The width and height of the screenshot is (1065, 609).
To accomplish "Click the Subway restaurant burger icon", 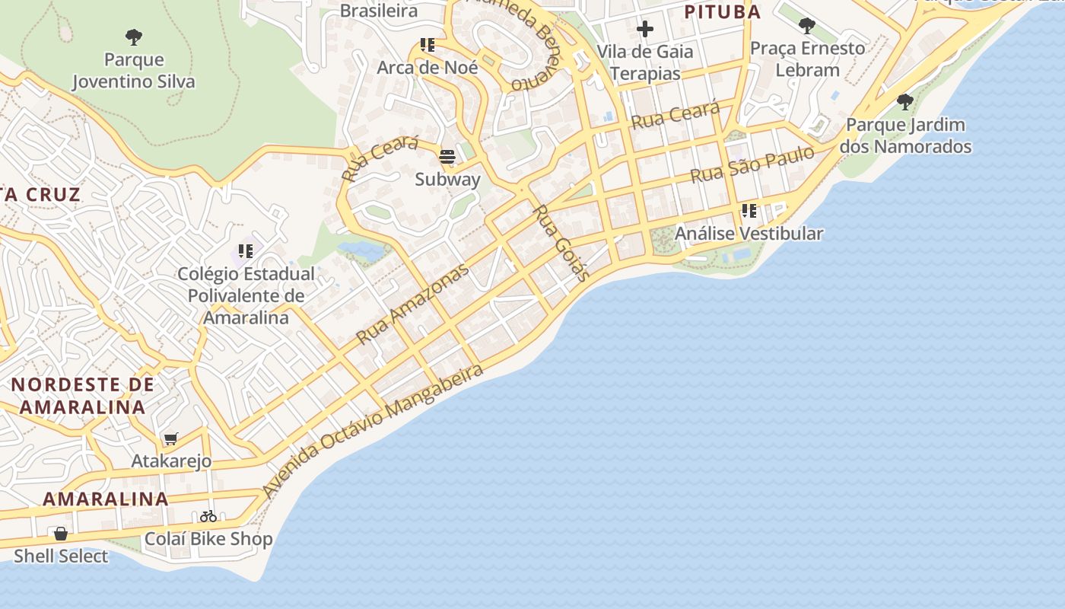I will pyautogui.click(x=447, y=158).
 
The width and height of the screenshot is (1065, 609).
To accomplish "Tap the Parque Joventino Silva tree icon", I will pyautogui.click(x=134, y=37).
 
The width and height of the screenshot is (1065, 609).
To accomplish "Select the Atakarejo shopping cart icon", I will pyautogui.click(x=170, y=439).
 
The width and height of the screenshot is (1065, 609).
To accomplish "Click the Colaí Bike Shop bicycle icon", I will pyautogui.click(x=208, y=516).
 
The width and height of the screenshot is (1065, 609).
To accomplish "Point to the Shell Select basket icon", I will pyautogui.click(x=61, y=534).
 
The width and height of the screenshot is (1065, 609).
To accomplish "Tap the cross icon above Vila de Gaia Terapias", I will pyautogui.click(x=645, y=30).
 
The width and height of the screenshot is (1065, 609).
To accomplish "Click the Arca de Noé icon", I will pyautogui.click(x=428, y=46).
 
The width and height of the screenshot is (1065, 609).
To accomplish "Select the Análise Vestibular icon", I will pyautogui.click(x=749, y=211).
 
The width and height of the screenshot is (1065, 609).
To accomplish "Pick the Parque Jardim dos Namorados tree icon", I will pyautogui.click(x=904, y=101).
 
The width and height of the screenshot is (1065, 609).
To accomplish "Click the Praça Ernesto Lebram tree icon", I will pyautogui.click(x=807, y=27).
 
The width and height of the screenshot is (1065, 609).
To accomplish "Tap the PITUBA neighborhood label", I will pyautogui.click(x=722, y=12).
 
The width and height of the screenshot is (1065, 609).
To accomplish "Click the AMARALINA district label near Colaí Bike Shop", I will pyautogui.click(x=105, y=499).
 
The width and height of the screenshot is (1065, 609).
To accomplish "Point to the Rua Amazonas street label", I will pyautogui.click(x=413, y=304).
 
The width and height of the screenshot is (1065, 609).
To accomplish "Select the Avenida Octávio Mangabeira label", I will pyautogui.click(x=373, y=431).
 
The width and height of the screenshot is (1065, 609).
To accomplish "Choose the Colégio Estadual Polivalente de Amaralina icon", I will pyautogui.click(x=245, y=250).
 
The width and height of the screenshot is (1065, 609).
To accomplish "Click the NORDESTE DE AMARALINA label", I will pyautogui.click(x=82, y=396).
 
